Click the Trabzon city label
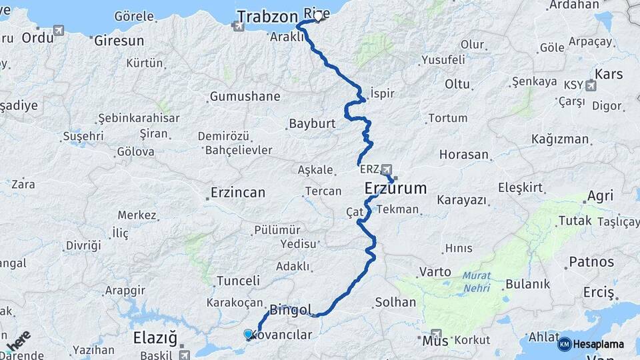pyautogui.click(x=267, y=15)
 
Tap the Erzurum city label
pyautogui.click(x=396, y=189)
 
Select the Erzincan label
pyautogui.click(x=238, y=193)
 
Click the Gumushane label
pyautogui.click(x=245, y=97)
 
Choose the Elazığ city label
pyautogui.click(x=155, y=337)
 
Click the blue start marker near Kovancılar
pyautogui.click(x=249, y=334)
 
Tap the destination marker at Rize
pyautogui.click(x=318, y=17)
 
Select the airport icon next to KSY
pyautogui.click(x=591, y=85)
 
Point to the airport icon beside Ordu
pyautogui.click(x=59, y=31)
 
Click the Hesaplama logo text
pyautogui.click(x=599, y=344)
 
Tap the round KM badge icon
pyautogui.click(x=564, y=344)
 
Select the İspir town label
pyautogui.click(x=382, y=93)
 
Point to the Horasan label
pyautogui.click(x=464, y=155)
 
